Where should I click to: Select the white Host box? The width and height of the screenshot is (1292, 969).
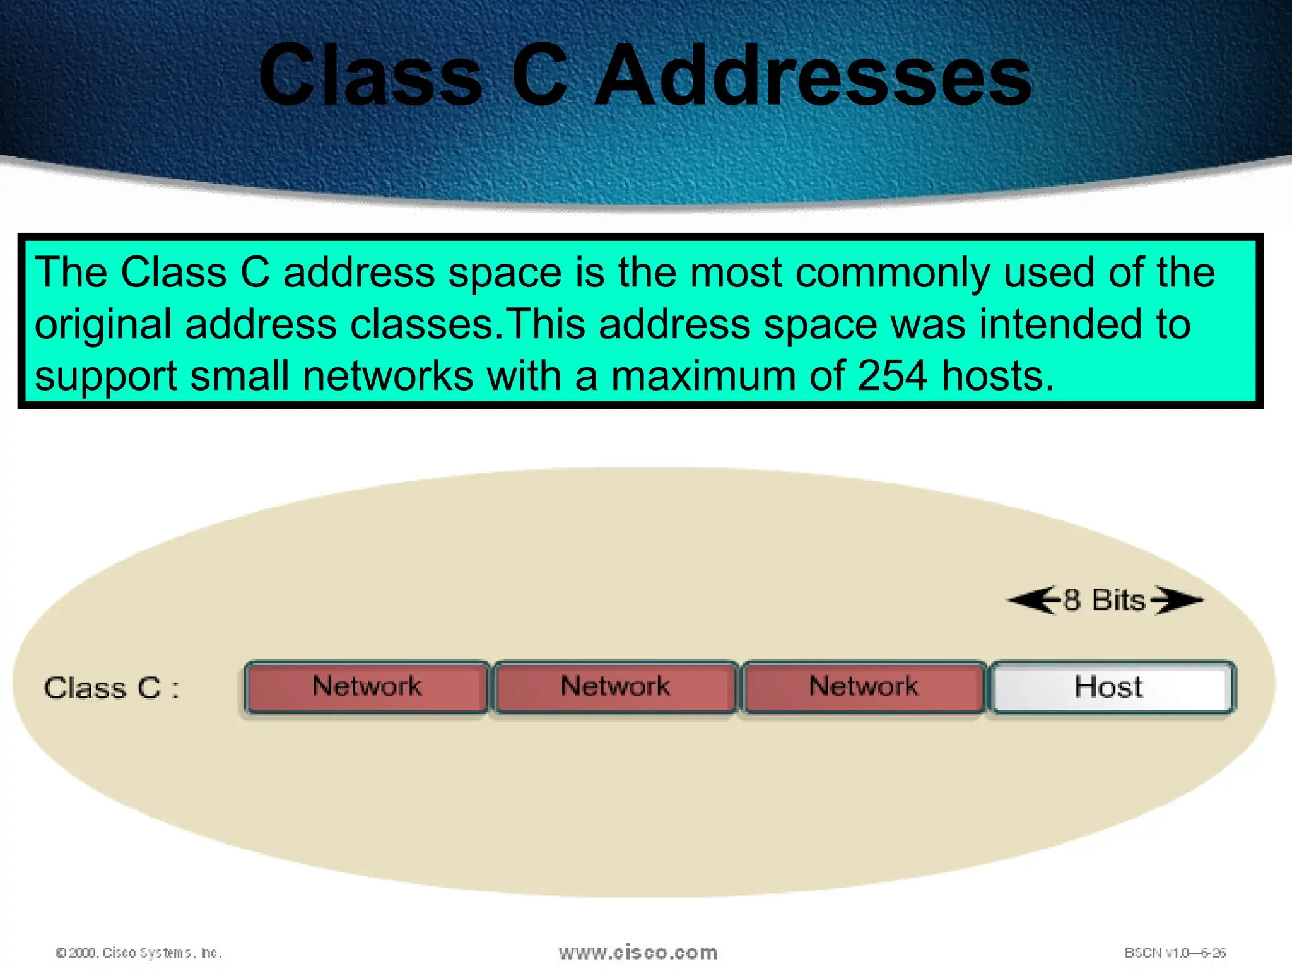click(x=1112, y=687)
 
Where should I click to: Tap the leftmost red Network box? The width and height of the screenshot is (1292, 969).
click(x=367, y=687)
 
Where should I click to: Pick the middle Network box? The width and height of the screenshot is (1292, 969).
click(x=615, y=687)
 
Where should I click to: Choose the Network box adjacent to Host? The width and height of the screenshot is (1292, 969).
click(x=864, y=687)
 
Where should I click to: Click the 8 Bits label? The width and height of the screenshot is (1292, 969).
click(x=1104, y=600)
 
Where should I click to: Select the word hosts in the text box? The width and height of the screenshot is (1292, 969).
click(x=997, y=376)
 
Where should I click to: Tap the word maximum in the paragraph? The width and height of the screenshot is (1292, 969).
click(x=703, y=376)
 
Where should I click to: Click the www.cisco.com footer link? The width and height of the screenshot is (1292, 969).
click(x=638, y=953)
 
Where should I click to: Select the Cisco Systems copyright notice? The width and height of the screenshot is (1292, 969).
click(x=139, y=953)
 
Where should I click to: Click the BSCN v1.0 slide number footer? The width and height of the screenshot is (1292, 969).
click(x=1175, y=953)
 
